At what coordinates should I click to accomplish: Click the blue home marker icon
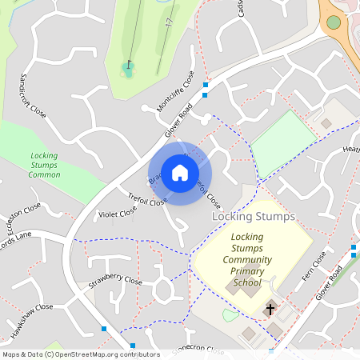[x=180, y=173]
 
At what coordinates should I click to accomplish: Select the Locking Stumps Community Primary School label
[x=247, y=260]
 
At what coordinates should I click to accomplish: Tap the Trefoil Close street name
[x=146, y=199]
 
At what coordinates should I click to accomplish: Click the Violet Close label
[x=117, y=214]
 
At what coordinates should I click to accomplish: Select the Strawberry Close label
[x=115, y=282]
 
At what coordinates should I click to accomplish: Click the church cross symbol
[x=270, y=308]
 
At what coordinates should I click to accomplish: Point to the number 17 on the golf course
[x=170, y=24]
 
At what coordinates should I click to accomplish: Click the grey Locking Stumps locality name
[x=253, y=217]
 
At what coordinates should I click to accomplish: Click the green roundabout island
[x=334, y=22]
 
